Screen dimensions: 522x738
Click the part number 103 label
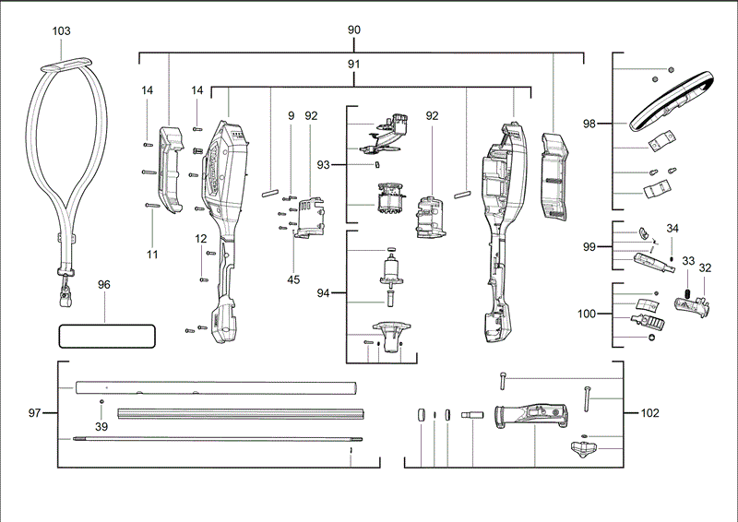[x=62, y=30]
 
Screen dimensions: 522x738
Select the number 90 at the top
[x=354, y=30]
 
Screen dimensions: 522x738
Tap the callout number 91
[x=354, y=65]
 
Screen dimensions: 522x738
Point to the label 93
[x=324, y=164]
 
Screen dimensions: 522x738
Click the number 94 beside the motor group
[x=324, y=293]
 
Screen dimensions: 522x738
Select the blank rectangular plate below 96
[x=106, y=335]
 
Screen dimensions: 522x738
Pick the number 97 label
[x=35, y=413]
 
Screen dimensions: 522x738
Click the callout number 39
[x=101, y=426]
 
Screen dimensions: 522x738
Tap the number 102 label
[x=650, y=413]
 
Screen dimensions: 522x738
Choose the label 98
[x=590, y=124]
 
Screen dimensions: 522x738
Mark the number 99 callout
[x=590, y=247]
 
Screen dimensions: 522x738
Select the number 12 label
[x=201, y=239]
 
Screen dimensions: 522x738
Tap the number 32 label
[x=706, y=268]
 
